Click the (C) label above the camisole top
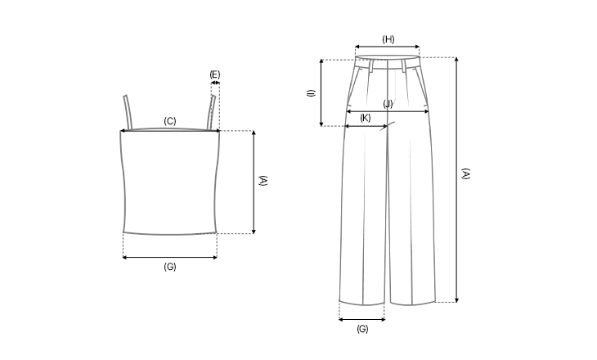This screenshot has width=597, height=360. pos(170,121)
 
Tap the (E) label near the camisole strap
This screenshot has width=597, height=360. pos(215,74)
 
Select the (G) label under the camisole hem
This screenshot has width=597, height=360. pos(170,267)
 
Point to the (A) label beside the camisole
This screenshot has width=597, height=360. pos(263,181)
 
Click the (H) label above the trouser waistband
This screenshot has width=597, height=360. pos(388,39)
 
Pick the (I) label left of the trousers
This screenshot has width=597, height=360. pos(312,93)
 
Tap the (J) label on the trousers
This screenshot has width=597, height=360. pos(388,104)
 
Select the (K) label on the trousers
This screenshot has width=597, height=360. pos(365,118)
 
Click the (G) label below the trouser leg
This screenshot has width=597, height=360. pos(362,328)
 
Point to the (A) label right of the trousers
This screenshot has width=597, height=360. pos(465,173)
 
